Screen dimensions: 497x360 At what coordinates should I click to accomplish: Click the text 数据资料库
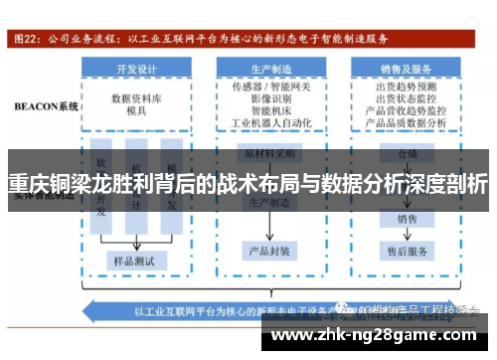click(136, 99)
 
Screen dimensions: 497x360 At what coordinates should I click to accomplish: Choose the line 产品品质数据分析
click(406, 124)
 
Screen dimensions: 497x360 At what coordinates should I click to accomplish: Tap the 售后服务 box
click(408, 251)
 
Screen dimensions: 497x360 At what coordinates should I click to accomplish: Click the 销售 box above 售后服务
click(408, 218)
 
